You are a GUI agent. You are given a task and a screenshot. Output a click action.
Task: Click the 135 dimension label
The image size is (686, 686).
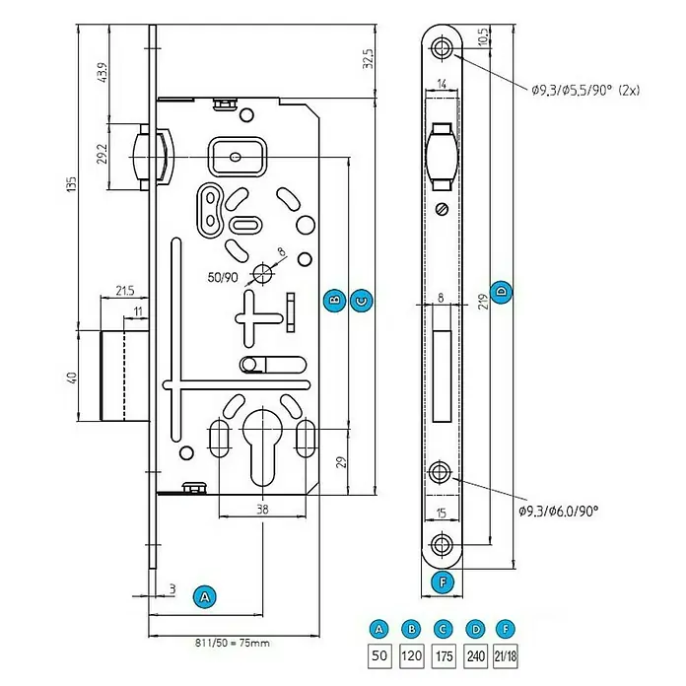click(x=71, y=184)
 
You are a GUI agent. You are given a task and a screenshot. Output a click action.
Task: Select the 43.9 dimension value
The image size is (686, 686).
click(x=102, y=72)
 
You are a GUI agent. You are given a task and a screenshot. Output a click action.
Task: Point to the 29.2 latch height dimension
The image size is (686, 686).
click(x=102, y=154)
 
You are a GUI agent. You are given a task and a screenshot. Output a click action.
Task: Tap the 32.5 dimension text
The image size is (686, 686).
click(x=369, y=58)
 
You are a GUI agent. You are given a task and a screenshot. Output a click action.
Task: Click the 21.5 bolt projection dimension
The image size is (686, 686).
click(x=125, y=291)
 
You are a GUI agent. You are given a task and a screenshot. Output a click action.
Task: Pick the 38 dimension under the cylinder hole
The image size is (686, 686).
click(x=262, y=510)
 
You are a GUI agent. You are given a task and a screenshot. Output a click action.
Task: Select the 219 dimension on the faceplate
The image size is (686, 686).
click(x=483, y=302)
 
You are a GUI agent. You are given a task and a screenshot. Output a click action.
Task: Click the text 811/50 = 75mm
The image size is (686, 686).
click(x=233, y=643)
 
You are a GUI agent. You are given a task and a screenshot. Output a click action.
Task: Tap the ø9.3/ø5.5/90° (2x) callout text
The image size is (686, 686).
click(x=585, y=90)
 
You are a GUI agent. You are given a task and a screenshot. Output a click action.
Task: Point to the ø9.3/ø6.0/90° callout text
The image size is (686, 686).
click(x=559, y=511)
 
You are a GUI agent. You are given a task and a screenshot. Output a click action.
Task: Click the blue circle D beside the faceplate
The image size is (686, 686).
click(x=502, y=292)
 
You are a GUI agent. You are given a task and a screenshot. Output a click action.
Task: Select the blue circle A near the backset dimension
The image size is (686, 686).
click(x=205, y=596)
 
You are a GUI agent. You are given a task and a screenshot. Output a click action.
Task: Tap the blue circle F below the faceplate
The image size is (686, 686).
click(x=443, y=582)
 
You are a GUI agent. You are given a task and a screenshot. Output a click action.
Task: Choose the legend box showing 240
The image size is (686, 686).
click(x=475, y=655)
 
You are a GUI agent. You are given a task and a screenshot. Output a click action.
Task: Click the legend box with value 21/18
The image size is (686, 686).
click(x=506, y=655)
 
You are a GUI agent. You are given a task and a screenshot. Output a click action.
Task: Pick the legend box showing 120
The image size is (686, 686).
click(x=412, y=655)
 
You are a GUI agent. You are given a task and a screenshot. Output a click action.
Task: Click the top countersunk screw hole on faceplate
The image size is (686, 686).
click(x=442, y=47)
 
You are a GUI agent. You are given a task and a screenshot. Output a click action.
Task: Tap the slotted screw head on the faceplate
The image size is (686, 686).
click(x=443, y=209)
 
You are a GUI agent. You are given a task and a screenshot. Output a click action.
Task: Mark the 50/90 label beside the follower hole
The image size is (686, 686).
click(x=223, y=277)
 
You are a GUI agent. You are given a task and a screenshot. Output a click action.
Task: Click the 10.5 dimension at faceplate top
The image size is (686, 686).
click(x=482, y=36)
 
